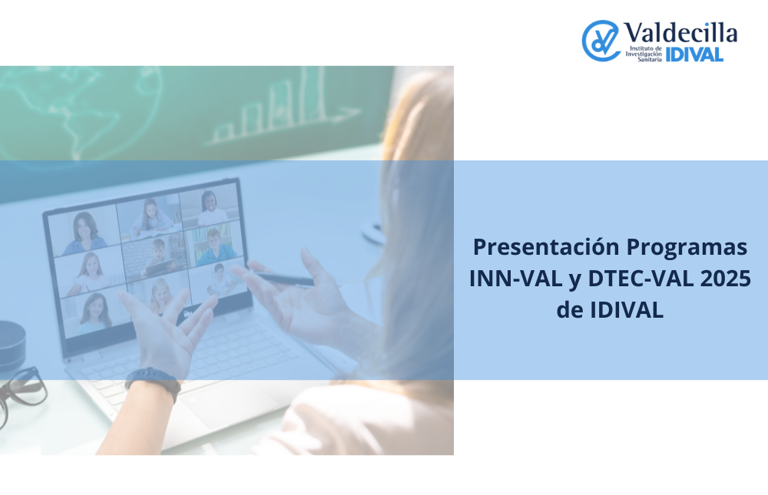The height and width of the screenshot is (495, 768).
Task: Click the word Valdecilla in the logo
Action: point(680,33)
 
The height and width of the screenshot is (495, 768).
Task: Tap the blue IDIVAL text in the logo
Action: point(694,54)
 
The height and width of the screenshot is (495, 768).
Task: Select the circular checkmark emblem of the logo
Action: point(601,41)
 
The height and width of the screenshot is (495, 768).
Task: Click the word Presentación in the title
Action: point(547,246)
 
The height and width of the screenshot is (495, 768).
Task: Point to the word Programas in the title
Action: point(687,248)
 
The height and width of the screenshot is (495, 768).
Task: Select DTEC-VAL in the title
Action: point(641,278)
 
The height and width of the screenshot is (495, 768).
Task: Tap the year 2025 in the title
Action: point(726,278)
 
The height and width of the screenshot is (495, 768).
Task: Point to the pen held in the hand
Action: point(284,279)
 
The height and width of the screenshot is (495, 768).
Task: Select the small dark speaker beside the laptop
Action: point(12,346)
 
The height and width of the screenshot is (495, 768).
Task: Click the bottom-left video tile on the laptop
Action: point(95,312)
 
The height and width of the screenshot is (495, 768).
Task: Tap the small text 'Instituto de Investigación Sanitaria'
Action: point(644,54)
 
